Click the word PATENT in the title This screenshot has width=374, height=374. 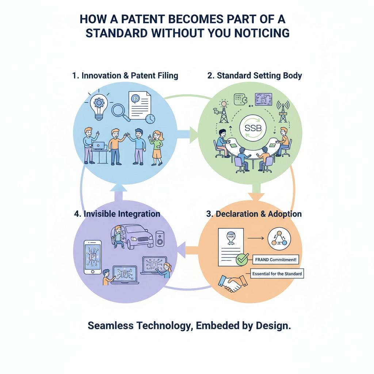132,19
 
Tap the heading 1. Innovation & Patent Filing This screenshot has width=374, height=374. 125,76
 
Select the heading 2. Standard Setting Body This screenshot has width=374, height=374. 255,76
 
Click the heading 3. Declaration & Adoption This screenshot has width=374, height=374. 254,214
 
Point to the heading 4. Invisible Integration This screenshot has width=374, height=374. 117,214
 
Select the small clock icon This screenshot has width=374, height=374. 150,118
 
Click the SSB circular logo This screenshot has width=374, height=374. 253,130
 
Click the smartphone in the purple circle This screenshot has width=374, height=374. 93,257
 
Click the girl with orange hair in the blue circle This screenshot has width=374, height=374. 156,148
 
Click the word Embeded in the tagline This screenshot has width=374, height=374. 214,326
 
